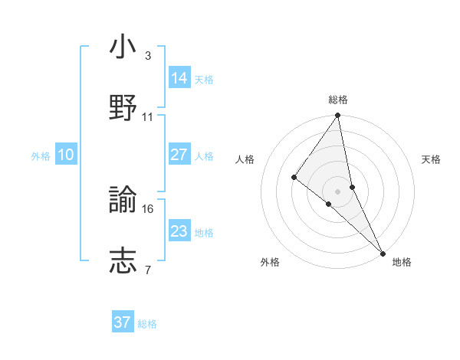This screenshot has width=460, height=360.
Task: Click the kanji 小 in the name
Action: point(123,47)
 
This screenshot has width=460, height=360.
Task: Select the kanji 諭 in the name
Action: point(123,201)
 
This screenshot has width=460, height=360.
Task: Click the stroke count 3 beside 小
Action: point(148,56)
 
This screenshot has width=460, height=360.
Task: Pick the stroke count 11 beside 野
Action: point(148,117)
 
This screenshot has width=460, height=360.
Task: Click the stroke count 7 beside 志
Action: point(148,270)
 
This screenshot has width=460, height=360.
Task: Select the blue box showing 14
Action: point(179,78)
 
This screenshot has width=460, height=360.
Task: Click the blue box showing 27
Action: point(179,155)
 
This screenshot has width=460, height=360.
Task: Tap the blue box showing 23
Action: point(179,231)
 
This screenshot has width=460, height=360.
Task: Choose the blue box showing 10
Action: point(65,155)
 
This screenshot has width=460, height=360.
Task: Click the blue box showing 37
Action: point(123,322)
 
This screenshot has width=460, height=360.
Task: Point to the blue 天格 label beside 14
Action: point(204,80)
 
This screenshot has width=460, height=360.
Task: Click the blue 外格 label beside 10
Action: point(41,156)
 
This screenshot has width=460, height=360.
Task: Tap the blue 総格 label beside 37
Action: point(147,324)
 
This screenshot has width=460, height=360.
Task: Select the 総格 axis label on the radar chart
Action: point(338,100)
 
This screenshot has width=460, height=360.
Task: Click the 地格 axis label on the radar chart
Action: point(402,263)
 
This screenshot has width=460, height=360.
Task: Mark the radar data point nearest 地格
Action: point(383,252)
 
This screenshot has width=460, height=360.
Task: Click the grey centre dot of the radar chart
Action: point(337,191)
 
